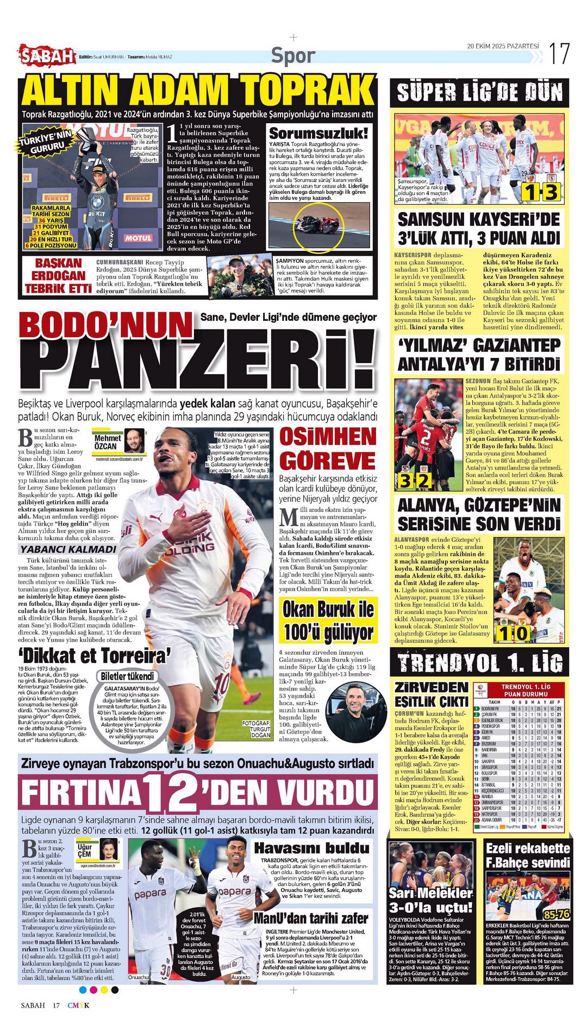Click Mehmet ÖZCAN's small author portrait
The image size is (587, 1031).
tap(133, 440)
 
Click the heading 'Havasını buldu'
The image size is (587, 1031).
tap(312, 847)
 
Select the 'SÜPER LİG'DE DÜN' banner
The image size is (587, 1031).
tap(479, 92)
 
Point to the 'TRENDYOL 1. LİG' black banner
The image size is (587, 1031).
tap(479, 662)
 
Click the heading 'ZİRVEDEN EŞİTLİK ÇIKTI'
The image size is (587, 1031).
tap(431, 694)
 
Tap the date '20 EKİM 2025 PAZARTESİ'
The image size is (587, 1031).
tap(503, 46)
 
